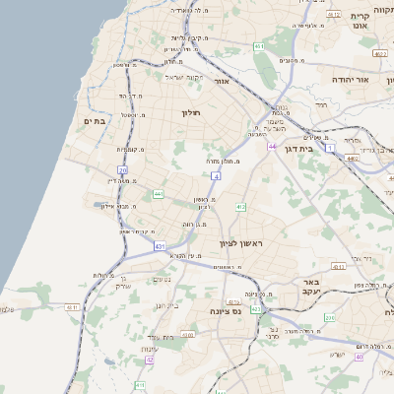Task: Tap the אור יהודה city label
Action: pos(349,78)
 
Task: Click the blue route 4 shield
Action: pos(215,175)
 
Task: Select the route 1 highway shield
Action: pos(330,148)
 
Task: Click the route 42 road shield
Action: pos(150,360)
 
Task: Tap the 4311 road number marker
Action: pos(72,307)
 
